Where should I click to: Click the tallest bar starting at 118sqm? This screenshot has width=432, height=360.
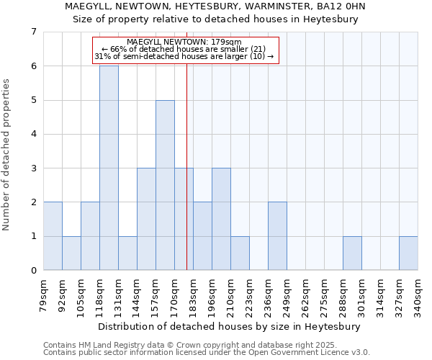(x=109, y=168)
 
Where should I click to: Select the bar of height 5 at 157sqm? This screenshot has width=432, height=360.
(x=165, y=185)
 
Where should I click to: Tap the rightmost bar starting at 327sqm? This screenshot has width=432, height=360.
(x=408, y=253)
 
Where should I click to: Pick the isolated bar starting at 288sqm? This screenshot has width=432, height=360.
(x=352, y=253)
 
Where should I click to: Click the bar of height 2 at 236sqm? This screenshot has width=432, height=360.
(x=277, y=236)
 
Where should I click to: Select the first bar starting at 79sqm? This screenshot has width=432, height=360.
(x=53, y=236)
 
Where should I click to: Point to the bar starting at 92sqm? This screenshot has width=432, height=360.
(x=71, y=253)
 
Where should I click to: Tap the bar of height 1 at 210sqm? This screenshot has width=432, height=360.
(x=240, y=253)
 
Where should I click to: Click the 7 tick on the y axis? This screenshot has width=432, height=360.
(x=33, y=32)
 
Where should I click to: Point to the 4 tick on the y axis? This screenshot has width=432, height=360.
(x=33, y=134)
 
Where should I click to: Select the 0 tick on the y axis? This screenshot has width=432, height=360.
(x=33, y=270)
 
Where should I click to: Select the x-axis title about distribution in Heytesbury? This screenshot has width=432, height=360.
(x=230, y=326)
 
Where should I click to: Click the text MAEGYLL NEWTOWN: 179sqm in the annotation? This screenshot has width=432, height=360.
(x=184, y=42)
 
